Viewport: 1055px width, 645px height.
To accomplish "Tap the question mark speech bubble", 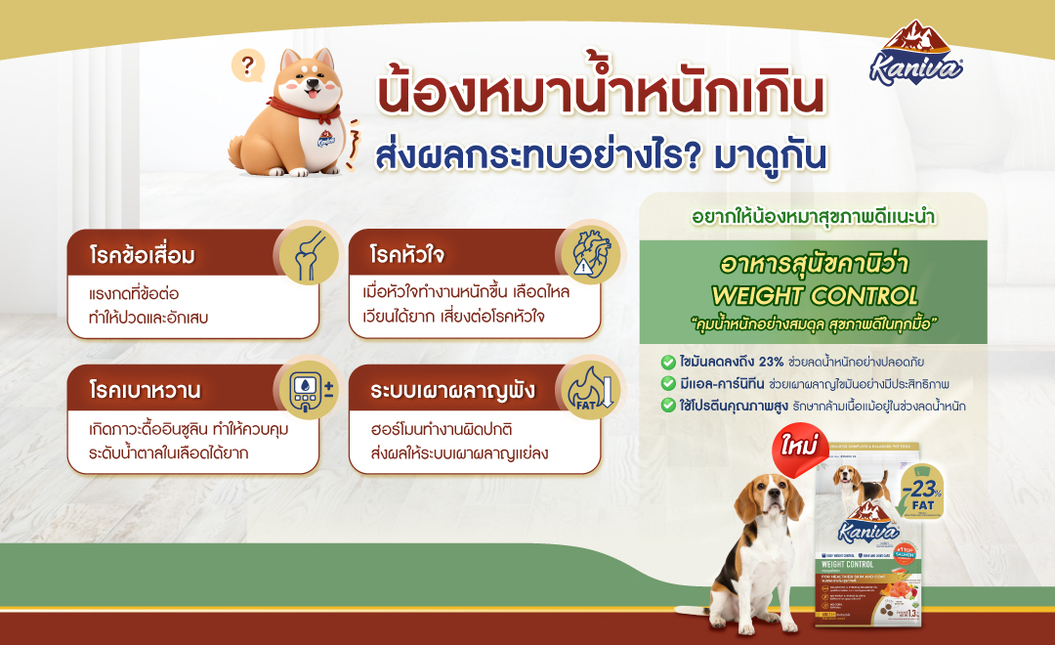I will [x=248, y=66].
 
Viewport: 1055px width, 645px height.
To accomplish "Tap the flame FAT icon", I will [x=586, y=390].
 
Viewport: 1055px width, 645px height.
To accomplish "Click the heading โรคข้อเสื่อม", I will [x=143, y=257].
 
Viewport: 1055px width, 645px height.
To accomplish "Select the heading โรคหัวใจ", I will [x=407, y=256].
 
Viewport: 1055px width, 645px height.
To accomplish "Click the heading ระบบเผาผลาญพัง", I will [x=439, y=391].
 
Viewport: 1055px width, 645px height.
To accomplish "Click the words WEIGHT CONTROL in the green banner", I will [x=814, y=295].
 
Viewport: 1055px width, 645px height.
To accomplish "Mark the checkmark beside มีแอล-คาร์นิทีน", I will [x=667, y=383].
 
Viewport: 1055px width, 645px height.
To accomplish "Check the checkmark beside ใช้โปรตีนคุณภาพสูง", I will [x=667, y=405].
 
